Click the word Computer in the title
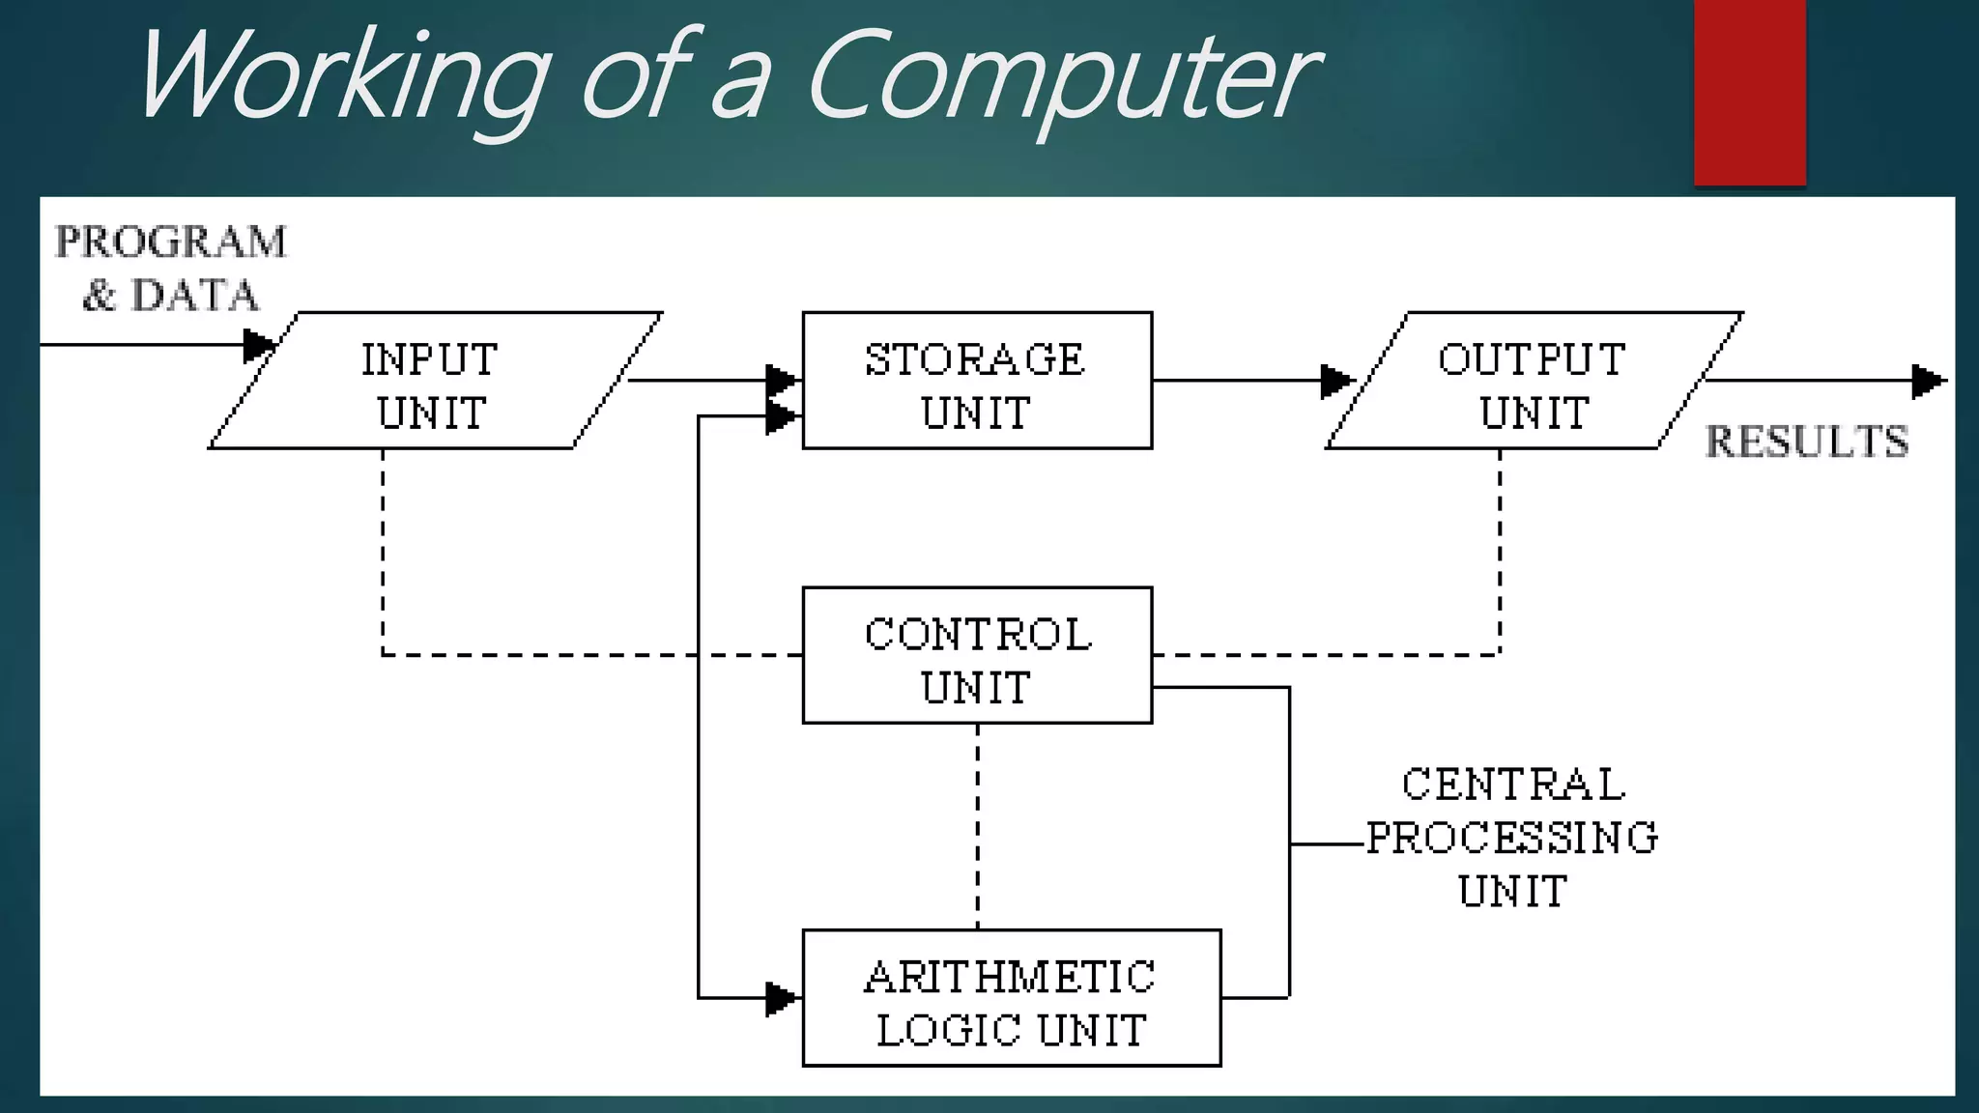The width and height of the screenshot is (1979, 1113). click(1063, 77)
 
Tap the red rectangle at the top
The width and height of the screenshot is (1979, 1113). click(1749, 92)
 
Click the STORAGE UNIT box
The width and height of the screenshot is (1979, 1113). click(977, 382)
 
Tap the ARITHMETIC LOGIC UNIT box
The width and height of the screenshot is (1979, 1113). click(1011, 999)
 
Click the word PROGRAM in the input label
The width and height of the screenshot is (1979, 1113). click(171, 243)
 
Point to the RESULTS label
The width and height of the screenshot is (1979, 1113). click(1806, 442)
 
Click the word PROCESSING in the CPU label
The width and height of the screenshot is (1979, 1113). click(1512, 838)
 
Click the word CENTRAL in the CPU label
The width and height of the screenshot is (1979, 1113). click(1513, 785)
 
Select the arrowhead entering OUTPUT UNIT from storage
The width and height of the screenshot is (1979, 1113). click(1336, 381)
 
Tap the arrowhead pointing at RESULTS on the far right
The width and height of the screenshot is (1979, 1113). click(1928, 381)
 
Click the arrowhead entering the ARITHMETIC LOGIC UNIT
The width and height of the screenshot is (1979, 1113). click(781, 998)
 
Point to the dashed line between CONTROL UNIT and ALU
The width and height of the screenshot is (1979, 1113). click(977, 826)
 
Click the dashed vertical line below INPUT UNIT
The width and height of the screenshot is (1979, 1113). click(383, 551)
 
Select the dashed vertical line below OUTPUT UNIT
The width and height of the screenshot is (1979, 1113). click(1500, 551)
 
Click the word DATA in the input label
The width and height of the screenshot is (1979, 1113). click(195, 296)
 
